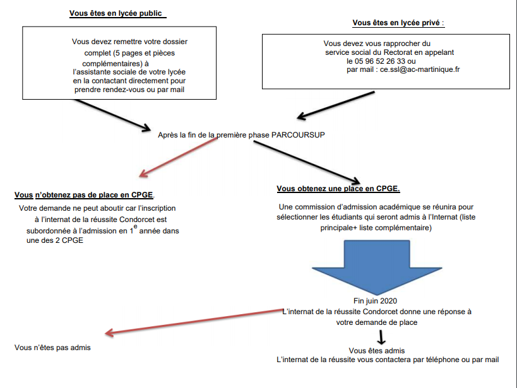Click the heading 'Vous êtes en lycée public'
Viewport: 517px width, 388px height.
coord(119,13)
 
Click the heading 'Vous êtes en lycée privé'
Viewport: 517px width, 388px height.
coord(398,23)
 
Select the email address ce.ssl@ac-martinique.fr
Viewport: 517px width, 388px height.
coord(419,70)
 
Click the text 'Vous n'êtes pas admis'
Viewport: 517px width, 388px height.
coord(52,347)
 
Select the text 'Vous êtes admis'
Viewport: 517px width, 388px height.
coord(376,350)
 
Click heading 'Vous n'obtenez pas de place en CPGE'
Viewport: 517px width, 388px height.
coord(83,195)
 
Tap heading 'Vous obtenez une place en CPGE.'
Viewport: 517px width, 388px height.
coord(338,189)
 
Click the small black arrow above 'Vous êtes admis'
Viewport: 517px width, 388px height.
coord(381,337)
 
